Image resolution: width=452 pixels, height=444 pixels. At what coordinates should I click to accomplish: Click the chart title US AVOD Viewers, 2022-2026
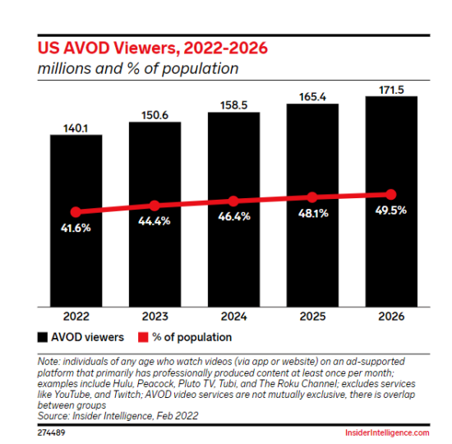pos(152,47)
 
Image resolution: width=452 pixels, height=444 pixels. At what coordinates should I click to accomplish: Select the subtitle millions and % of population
pos(138,68)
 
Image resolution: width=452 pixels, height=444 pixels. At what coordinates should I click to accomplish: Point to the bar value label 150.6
pos(155,114)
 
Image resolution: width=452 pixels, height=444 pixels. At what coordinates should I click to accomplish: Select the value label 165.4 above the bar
pos(312,95)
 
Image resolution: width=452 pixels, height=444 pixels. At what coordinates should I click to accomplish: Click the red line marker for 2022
pos(76,212)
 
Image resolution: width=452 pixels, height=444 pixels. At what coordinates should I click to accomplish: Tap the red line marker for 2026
pos(391,195)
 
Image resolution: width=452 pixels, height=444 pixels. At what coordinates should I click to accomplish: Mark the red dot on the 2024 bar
pos(233,201)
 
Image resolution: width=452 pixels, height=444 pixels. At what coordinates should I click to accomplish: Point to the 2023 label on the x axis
pos(155,316)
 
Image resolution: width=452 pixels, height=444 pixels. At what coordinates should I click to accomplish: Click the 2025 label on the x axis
pos(312,316)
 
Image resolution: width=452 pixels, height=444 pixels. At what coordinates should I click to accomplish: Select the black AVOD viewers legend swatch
pos(42,337)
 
